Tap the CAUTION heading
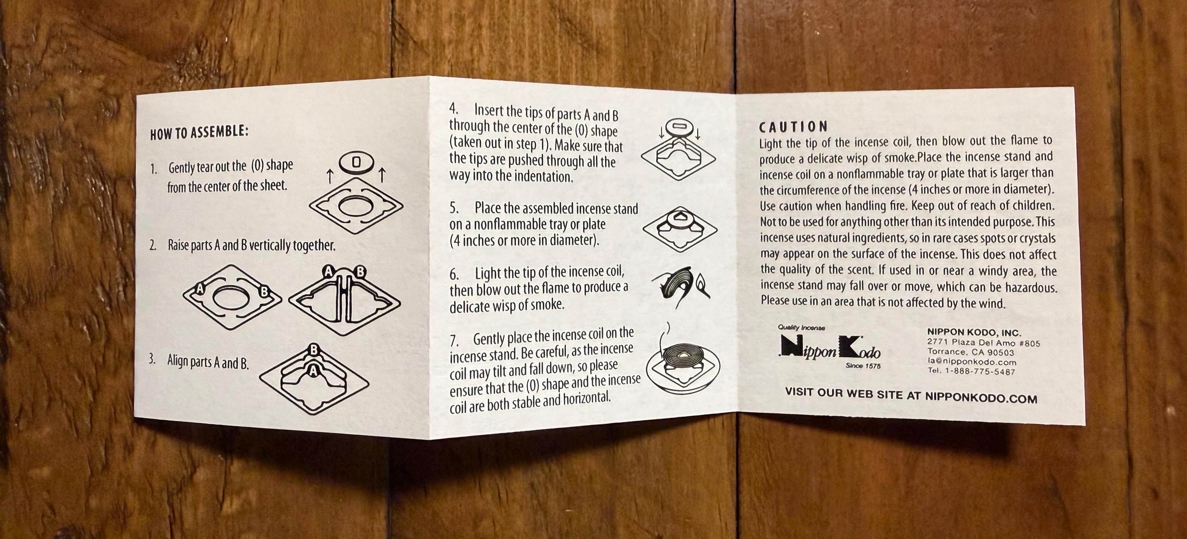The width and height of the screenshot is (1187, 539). click(x=793, y=126)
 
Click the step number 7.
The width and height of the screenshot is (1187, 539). click(x=454, y=341)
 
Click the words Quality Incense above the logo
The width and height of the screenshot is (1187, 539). click(x=802, y=327)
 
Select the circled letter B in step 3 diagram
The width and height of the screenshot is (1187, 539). click(x=314, y=350)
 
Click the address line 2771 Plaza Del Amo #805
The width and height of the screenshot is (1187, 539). click(x=983, y=343)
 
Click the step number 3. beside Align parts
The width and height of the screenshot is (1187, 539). click(x=152, y=359)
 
